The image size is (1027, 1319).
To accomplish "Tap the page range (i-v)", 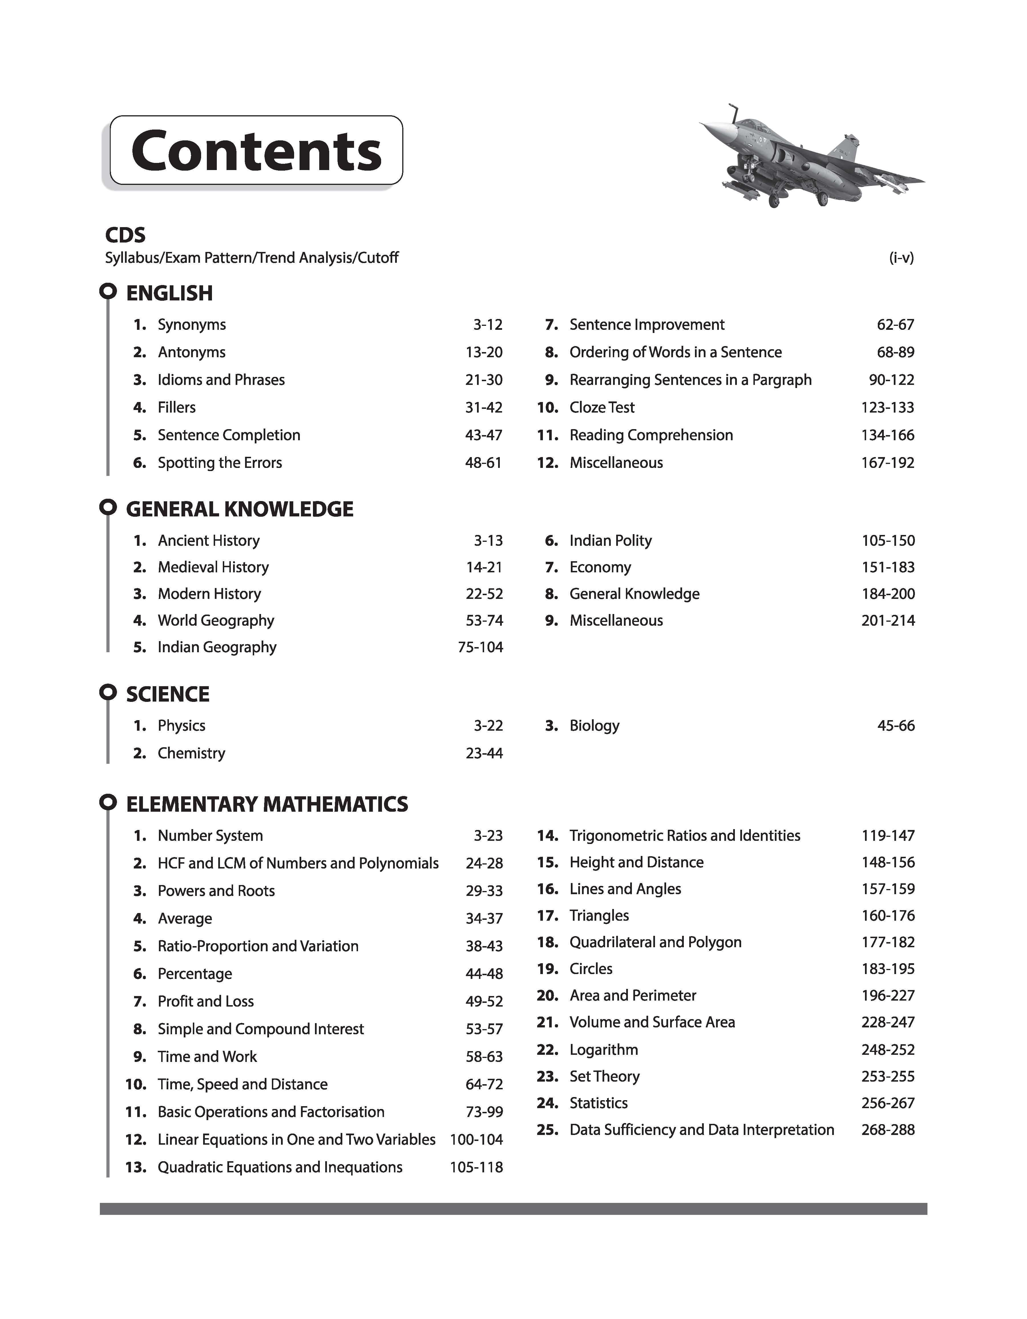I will tap(901, 258).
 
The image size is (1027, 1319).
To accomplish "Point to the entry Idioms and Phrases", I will tap(221, 380).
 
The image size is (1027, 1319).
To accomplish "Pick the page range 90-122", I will tap(891, 380).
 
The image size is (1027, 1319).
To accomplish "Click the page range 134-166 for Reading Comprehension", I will tap(887, 435).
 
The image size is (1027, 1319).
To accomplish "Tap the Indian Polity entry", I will tap(610, 540).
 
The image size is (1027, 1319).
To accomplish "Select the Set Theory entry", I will tap(605, 1076).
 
